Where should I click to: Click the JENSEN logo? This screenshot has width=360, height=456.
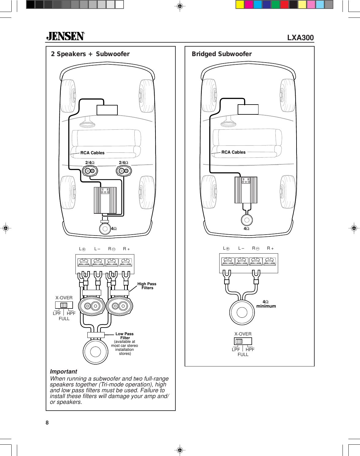click(65, 36)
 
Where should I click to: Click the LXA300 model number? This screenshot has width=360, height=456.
click(300, 38)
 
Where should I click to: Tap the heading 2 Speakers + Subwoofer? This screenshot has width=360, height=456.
click(90, 54)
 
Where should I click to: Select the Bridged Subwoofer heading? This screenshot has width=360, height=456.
click(222, 54)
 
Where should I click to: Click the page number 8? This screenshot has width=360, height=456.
click(47, 423)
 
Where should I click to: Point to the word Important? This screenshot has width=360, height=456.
click(63, 371)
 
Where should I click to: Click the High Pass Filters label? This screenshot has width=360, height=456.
click(147, 286)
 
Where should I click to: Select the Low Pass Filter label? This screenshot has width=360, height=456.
click(124, 336)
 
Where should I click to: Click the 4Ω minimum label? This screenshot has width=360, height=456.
click(266, 304)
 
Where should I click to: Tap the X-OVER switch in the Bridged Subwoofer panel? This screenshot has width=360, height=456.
click(243, 341)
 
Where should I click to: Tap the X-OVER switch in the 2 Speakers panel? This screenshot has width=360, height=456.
click(64, 305)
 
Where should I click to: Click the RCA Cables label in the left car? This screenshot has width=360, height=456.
click(92, 153)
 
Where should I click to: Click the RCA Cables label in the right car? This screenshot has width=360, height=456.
click(233, 152)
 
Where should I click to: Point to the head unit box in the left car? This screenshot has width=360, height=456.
click(107, 110)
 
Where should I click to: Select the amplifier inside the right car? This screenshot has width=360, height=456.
click(246, 190)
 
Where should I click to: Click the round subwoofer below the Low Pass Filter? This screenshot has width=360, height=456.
click(95, 351)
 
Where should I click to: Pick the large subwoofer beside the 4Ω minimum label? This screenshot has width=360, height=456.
click(242, 312)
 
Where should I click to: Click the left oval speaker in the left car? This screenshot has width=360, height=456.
click(90, 171)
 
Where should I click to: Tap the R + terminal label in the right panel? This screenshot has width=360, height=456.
click(270, 248)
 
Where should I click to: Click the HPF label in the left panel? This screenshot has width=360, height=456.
click(71, 313)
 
